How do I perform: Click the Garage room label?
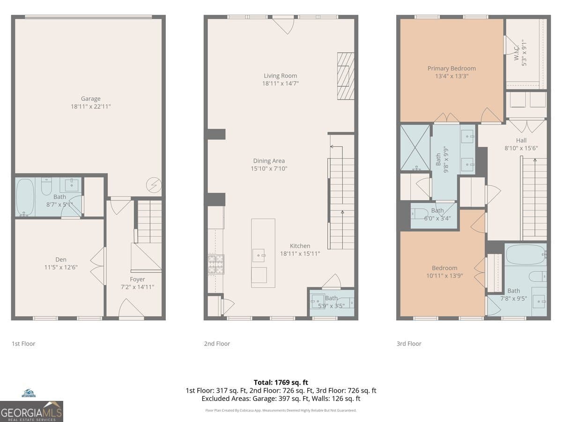[x=90, y=98]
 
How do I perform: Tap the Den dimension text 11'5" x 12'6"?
[x=60, y=267]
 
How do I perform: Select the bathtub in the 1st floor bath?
[x=25, y=197]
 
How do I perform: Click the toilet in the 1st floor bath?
[x=46, y=188]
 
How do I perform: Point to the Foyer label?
[x=137, y=279]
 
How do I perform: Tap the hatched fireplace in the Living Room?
[x=346, y=76]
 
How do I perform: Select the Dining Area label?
[x=269, y=161]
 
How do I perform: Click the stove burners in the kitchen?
[x=216, y=264]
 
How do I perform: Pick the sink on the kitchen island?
[x=259, y=255]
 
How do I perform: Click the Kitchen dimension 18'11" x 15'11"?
[x=300, y=254]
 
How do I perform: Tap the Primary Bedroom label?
[x=451, y=68]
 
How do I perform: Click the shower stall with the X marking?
[x=415, y=147]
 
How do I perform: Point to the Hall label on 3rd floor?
[x=521, y=140]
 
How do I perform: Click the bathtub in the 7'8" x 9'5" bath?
[x=525, y=255]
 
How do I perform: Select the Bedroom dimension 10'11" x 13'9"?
[x=444, y=276]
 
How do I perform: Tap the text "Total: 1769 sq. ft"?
[x=281, y=383]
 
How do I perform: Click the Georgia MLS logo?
[x=31, y=411]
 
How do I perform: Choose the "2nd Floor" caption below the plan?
[x=217, y=344]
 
